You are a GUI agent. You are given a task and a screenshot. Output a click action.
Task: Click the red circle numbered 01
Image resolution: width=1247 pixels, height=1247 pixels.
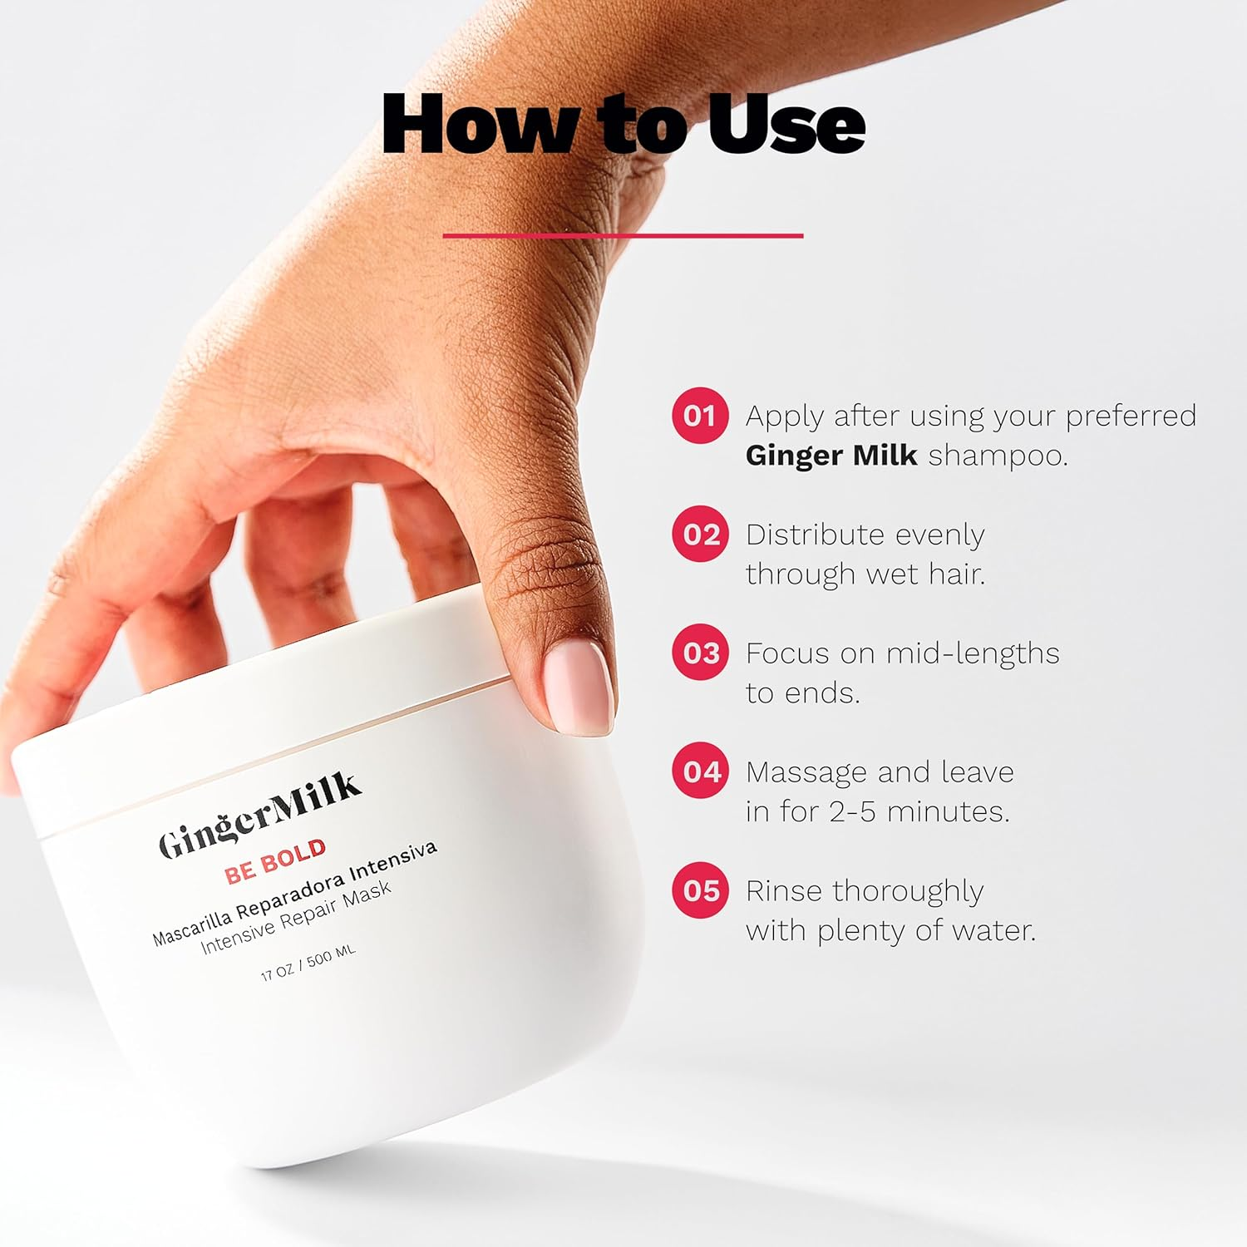pyautogui.click(x=700, y=415)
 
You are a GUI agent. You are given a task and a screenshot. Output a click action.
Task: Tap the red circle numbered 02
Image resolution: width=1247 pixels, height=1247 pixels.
pyautogui.click(x=700, y=534)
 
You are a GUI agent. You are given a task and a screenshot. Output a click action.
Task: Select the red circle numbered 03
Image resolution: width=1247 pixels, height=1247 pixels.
pyautogui.click(x=700, y=653)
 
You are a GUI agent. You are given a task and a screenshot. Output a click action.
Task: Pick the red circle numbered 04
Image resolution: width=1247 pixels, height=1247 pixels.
pyautogui.click(x=700, y=771)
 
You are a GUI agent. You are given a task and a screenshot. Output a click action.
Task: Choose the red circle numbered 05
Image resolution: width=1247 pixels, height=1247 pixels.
pyautogui.click(x=700, y=890)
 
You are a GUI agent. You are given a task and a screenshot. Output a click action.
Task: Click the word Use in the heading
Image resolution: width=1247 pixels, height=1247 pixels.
pyautogui.click(x=786, y=125)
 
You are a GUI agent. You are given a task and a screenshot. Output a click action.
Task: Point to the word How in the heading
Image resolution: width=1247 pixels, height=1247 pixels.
pyautogui.click(x=481, y=125)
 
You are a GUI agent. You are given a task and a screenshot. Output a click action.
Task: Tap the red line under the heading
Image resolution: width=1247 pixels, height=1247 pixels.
pyautogui.click(x=623, y=236)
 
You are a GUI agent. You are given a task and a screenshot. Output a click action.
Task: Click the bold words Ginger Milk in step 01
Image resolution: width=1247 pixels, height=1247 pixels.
pyautogui.click(x=831, y=456)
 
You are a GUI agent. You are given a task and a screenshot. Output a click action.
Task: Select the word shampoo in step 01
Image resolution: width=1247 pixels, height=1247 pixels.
pyautogui.click(x=997, y=456)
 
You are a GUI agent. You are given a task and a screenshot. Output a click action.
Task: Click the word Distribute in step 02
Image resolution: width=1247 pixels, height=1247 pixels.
pyautogui.click(x=814, y=534)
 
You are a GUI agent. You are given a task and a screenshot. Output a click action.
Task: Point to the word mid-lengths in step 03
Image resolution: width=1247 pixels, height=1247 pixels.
pyautogui.click(x=972, y=653)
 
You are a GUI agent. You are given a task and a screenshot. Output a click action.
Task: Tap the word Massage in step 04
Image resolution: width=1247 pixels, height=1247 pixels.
pyautogui.click(x=806, y=772)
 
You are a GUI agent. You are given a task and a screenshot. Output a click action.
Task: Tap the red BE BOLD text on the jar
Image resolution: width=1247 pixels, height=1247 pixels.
pyautogui.click(x=275, y=861)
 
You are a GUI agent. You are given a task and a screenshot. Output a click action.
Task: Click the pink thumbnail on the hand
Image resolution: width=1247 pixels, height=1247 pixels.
pyautogui.click(x=578, y=689)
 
